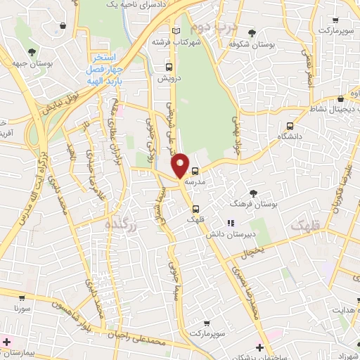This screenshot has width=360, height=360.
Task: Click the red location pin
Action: click(181, 166)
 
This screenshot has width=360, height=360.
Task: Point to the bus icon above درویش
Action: click(167, 67)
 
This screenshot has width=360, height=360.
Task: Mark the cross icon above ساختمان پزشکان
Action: click(260, 347)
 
